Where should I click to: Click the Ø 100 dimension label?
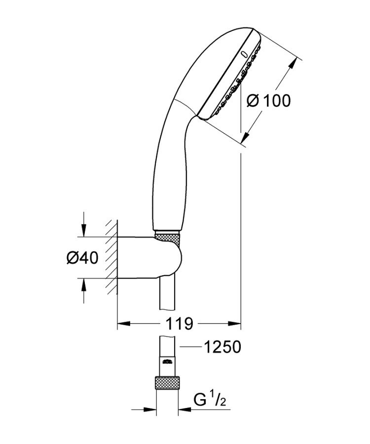(269, 101)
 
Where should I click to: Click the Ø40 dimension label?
(83, 258)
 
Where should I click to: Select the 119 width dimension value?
(179, 324)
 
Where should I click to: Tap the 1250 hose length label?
(223, 347)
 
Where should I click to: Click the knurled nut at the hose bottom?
(167, 383)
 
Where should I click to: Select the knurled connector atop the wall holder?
(169, 237)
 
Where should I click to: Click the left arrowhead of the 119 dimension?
(123, 324)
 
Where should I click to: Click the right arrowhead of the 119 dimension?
(234, 324)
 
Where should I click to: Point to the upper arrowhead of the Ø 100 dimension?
(294, 65)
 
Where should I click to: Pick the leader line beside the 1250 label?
(190, 347)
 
